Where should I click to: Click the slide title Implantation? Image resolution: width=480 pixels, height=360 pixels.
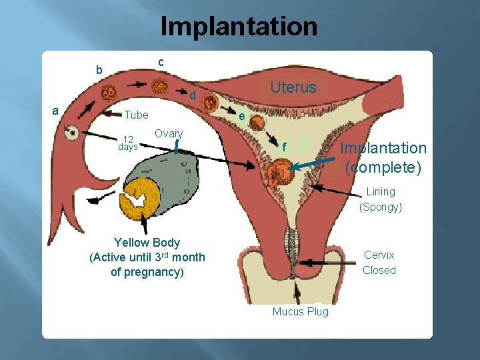(239, 27)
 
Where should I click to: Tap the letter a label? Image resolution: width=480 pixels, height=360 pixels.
(56, 111)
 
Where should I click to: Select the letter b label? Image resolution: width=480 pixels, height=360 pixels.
(99, 70)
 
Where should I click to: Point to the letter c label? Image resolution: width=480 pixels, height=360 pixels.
(161, 62)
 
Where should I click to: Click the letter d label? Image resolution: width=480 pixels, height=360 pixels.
(192, 96)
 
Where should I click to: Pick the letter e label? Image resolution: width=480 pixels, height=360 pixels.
(242, 117)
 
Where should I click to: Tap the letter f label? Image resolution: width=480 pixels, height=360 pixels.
(285, 147)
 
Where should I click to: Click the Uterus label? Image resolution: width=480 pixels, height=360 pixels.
(293, 87)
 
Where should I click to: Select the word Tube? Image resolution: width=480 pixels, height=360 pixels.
(137, 115)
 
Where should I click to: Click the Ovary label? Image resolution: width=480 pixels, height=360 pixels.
(168, 133)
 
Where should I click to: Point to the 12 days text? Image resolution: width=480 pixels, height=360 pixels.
(127, 143)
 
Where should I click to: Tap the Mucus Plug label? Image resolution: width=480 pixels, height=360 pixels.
(300, 311)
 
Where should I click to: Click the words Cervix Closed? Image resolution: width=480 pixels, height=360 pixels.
(379, 263)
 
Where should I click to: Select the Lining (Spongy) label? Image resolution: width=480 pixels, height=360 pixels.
(381, 199)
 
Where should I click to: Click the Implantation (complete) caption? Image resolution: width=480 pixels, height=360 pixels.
(383, 157)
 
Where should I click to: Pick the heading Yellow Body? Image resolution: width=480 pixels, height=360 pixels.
(147, 243)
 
